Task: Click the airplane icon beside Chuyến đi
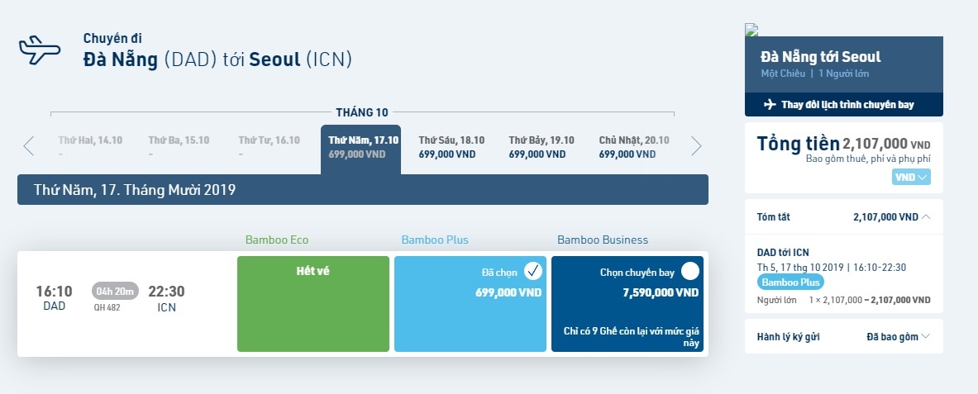pos(40,50)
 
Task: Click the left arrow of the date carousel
pos(29,146)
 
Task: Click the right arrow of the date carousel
pos(696,146)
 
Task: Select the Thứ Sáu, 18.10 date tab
pos(451,146)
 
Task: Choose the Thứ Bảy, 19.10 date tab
pos(541,146)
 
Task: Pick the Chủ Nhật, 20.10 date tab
pos(634,146)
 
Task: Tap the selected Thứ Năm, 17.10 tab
pos(360,147)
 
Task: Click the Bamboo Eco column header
pos(277,240)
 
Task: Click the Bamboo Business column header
pos(603,240)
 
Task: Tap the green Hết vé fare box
pos(312,303)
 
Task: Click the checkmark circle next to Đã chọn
pos(533,271)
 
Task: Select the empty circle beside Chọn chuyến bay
pos(690,271)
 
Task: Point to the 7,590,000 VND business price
pos(661,292)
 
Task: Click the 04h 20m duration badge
pos(115,291)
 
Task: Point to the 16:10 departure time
pos(54,292)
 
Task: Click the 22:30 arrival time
pos(166,292)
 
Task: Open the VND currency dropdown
pos(911,177)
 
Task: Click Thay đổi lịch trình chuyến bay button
pos(843,105)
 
